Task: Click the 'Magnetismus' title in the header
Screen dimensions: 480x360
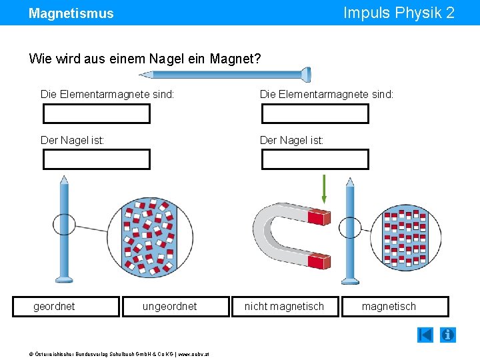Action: pyautogui.click(x=71, y=13)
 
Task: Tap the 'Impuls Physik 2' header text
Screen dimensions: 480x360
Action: pyautogui.click(x=399, y=13)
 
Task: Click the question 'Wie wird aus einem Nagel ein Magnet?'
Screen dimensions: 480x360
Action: pyautogui.click(x=145, y=59)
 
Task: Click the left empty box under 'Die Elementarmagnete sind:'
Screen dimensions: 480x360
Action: pyautogui.click(x=97, y=114)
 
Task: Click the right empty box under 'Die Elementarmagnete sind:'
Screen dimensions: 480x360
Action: pyautogui.click(x=315, y=114)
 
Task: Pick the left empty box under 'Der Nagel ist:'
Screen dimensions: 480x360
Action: pyautogui.click(x=97, y=159)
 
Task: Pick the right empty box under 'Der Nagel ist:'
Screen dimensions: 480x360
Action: pyautogui.click(x=315, y=159)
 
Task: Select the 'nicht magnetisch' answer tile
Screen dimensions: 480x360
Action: pyautogui.click(x=285, y=307)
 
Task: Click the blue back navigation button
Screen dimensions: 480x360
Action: pyautogui.click(x=425, y=335)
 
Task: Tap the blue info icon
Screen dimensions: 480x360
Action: pyautogui.click(x=449, y=335)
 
